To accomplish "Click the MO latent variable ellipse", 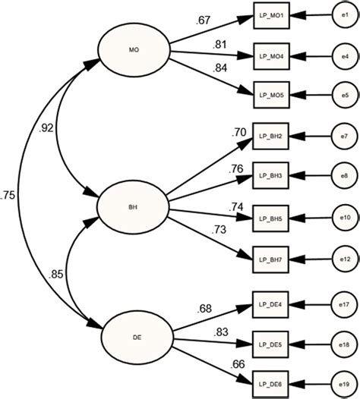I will coord(134,50).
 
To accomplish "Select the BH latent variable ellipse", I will coord(134,205).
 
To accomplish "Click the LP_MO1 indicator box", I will coord(272,15).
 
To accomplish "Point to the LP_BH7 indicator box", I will coord(272,260).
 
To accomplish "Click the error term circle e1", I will coord(344,15).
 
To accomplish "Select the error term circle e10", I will coord(344,218).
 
